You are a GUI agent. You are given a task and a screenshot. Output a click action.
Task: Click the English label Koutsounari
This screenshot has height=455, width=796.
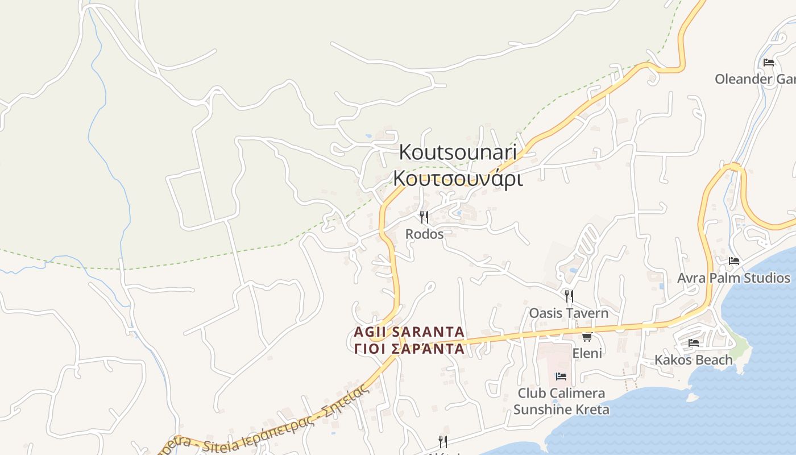pyautogui.click(x=458, y=152)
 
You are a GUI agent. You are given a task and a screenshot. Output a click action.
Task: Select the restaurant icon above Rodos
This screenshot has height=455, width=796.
pyautogui.click(x=424, y=217)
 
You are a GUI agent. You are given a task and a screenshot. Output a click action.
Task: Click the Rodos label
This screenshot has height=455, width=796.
pyautogui.click(x=424, y=234)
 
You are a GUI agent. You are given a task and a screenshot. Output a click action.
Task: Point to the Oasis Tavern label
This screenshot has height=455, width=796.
pyautogui.click(x=569, y=313)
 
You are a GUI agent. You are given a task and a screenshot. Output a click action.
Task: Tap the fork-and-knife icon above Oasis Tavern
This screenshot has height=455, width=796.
pyautogui.click(x=569, y=296)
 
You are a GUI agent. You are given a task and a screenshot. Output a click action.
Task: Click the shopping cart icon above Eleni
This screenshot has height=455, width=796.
pyautogui.click(x=587, y=337)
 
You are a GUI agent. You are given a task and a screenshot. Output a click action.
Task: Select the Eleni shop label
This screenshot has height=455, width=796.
pyautogui.click(x=587, y=353)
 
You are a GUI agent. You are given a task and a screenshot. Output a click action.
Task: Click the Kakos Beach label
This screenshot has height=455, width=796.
pyautogui.click(x=694, y=360)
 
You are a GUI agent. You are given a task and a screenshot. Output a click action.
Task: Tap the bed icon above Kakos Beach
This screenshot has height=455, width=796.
pyautogui.click(x=694, y=343)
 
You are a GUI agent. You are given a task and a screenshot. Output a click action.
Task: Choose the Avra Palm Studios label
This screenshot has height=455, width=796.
pyautogui.click(x=733, y=278)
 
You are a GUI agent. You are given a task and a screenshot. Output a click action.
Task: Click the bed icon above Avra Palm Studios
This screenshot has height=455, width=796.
pyautogui.click(x=734, y=261)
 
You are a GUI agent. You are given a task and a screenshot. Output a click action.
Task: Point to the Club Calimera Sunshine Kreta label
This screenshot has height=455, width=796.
pyautogui.click(x=561, y=401)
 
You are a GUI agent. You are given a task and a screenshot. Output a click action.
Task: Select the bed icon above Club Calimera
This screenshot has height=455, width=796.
pyautogui.click(x=561, y=376)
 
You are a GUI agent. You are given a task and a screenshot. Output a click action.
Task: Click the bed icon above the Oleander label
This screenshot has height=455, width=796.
pyautogui.click(x=769, y=62)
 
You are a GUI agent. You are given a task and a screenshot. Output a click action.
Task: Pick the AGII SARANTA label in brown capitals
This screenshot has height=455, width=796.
pyautogui.click(x=409, y=332)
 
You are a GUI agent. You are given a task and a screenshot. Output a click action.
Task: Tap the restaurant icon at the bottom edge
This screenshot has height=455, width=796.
pyautogui.click(x=442, y=441)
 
